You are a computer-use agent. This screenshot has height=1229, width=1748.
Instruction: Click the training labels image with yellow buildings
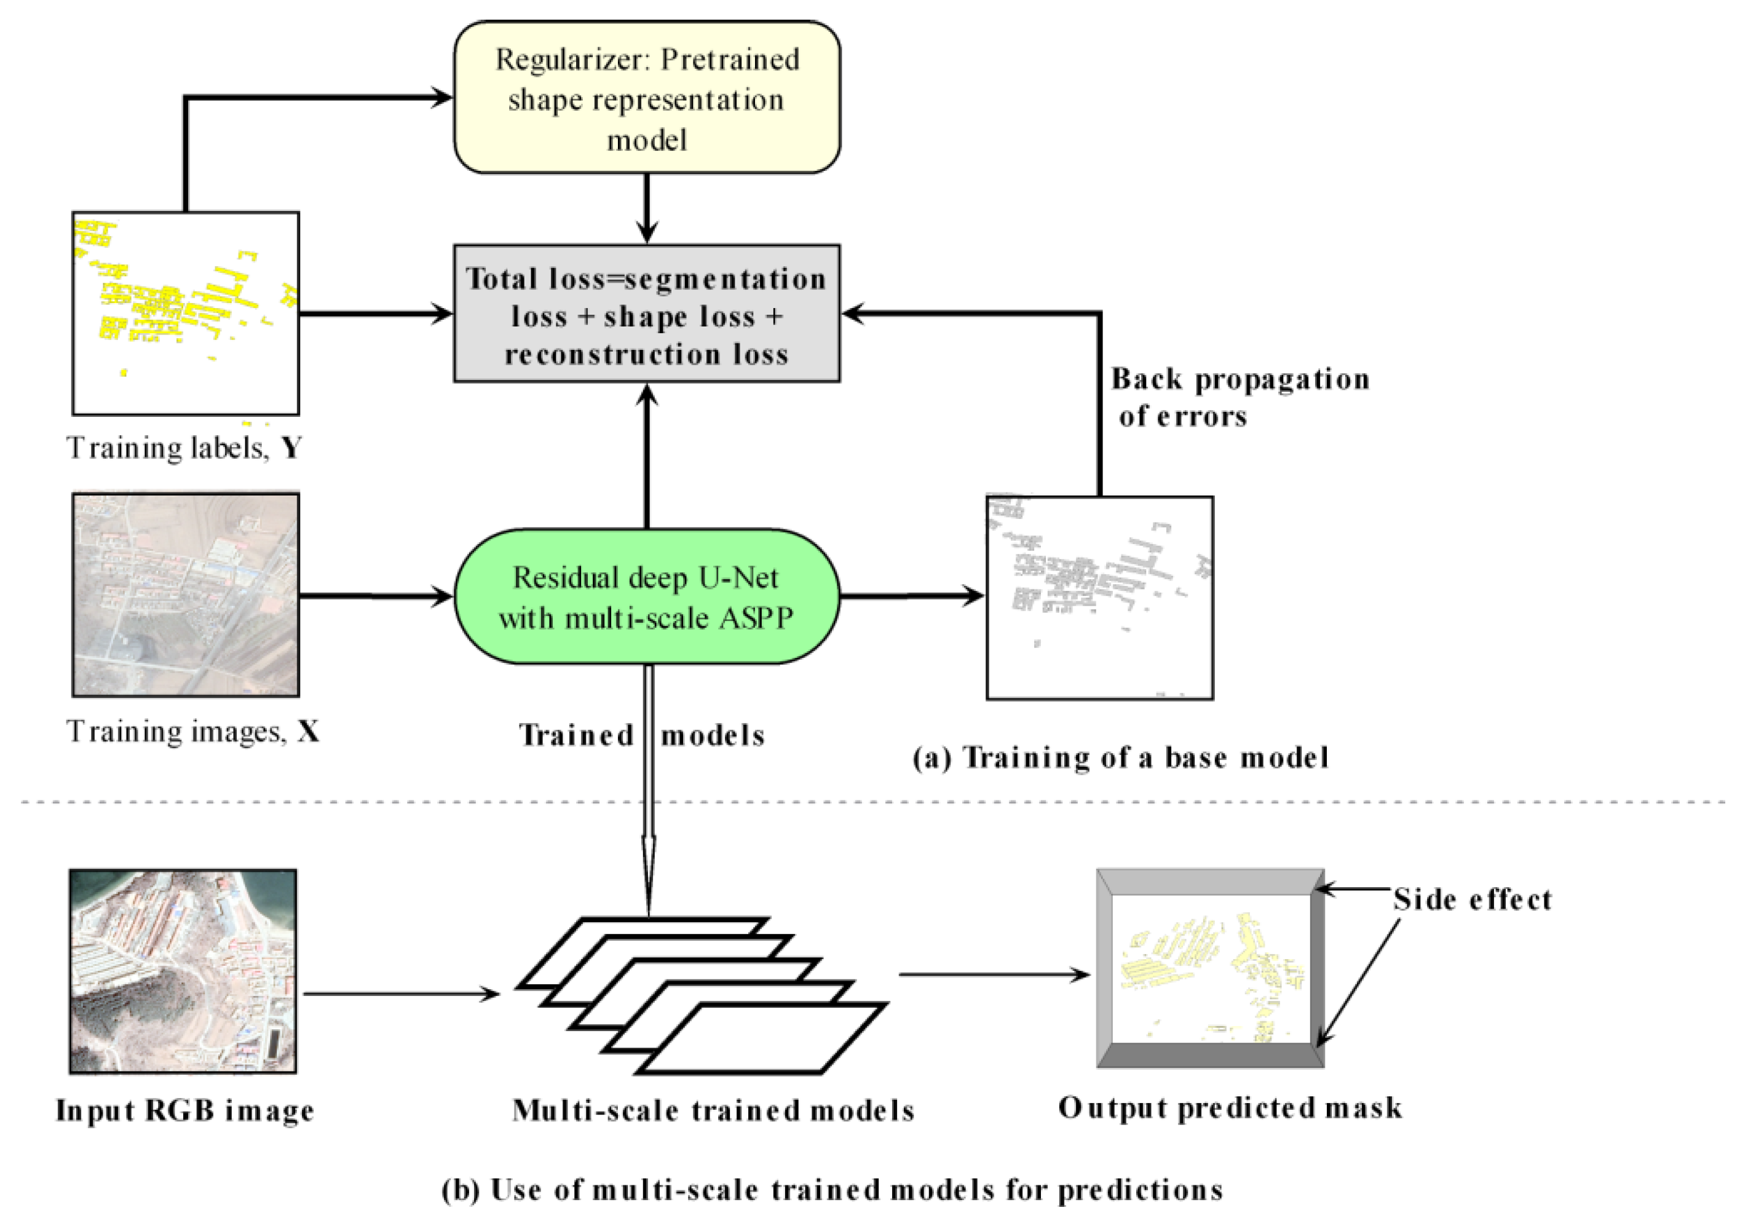[186, 313]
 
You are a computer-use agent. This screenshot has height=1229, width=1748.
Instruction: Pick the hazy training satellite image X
[186, 595]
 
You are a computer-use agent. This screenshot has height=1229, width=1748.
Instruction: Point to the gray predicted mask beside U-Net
[1099, 598]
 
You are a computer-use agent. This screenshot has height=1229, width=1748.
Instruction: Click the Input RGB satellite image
[183, 971]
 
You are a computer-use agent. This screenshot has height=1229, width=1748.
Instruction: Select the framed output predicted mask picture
[1211, 968]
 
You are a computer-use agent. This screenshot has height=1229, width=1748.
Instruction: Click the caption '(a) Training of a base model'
[1121, 757]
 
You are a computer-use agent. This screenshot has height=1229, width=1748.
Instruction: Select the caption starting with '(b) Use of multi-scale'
[832, 1190]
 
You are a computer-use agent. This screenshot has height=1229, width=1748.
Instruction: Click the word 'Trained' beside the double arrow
[576, 735]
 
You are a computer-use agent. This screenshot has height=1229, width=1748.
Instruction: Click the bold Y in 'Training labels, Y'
[291, 448]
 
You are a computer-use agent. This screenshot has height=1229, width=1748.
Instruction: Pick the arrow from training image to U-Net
[376, 596]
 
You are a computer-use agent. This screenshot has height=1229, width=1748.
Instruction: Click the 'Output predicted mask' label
[1230, 1108]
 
